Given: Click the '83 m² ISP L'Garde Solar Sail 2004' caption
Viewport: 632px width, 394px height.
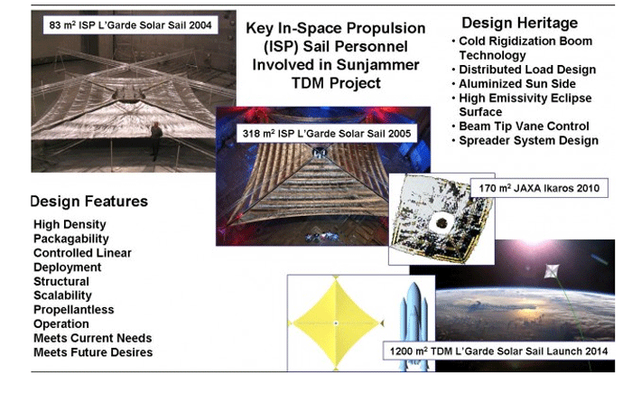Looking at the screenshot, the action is pyautogui.click(x=130, y=25).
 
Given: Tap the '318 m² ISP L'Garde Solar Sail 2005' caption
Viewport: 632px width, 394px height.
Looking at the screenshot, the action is pyautogui.click(x=327, y=134).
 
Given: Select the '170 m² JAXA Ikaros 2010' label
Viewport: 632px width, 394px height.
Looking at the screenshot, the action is pyautogui.click(x=539, y=188).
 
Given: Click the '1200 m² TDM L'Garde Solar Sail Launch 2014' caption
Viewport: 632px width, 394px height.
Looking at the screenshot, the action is pyautogui.click(x=498, y=351).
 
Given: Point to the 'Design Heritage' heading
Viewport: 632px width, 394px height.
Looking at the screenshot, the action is pyautogui.click(x=519, y=23).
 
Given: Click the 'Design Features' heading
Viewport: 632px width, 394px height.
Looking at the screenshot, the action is pyautogui.click(x=89, y=202).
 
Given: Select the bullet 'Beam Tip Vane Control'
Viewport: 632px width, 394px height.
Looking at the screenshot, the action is pyautogui.click(x=524, y=127).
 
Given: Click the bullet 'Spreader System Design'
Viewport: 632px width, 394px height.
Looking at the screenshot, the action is pyautogui.click(x=528, y=140).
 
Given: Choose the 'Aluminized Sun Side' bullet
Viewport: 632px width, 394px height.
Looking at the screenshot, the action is pyautogui.click(x=517, y=83).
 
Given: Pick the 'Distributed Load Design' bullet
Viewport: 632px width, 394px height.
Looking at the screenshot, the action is pyautogui.click(x=527, y=70).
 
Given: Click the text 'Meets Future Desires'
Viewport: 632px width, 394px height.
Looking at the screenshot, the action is pyautogui.click(x=93, y=352).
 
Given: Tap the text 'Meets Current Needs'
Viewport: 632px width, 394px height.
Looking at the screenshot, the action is pyautogui.click(x=93, y=338).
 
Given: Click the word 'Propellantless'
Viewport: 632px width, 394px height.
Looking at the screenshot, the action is pyautogui.click(x=74, y=310).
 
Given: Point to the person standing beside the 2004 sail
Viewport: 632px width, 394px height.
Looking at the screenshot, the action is pyautogui.click(x=156, y=141).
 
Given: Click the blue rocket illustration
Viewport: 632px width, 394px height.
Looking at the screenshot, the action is pyautogui.click(x=414, y=326).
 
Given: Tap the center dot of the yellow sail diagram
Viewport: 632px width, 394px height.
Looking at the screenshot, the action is pyautogui.click(x=336, y=323).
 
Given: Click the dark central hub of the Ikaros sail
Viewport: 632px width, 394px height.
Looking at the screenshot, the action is pyautogui.click(x=442, y=222).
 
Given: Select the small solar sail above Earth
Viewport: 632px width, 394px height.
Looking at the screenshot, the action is pyautogui.click(x=552, y=270).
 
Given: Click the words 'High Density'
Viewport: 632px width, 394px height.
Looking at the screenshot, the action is pyautogui.click(x=70, y=225).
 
